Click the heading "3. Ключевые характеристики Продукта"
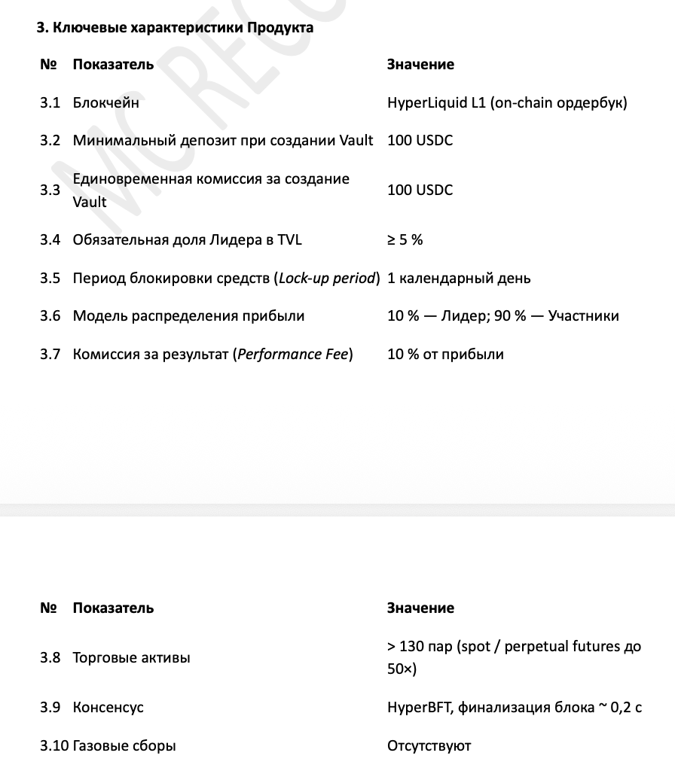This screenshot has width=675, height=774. coord(175,29)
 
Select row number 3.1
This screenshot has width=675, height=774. coord(50,102)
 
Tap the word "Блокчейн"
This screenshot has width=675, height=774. coord(105,102)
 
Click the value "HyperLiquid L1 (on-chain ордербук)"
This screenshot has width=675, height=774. coord(506,102)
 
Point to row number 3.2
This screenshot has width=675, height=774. coord(50,140)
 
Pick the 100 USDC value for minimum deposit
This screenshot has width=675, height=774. coord(420,140)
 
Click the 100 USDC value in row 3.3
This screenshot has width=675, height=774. coord(420,190)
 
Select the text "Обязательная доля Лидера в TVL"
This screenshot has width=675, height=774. coord(187,239)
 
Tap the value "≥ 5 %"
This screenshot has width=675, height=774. coord(405,239)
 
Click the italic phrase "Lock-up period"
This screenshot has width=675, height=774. coord(327,278)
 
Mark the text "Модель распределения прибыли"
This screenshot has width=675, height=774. coord(188,315)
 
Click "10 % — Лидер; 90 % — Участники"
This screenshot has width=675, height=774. coord(502,315)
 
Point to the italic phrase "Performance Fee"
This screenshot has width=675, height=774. coord(295,354)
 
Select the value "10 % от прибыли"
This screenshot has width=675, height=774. coord(445,354)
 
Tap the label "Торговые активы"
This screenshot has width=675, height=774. coord(131,657)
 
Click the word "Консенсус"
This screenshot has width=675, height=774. coord(108,708)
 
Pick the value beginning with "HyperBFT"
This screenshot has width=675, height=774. coord(514,708)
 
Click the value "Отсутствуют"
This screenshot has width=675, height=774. coord(429,746)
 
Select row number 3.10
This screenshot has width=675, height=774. coord(53,746)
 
